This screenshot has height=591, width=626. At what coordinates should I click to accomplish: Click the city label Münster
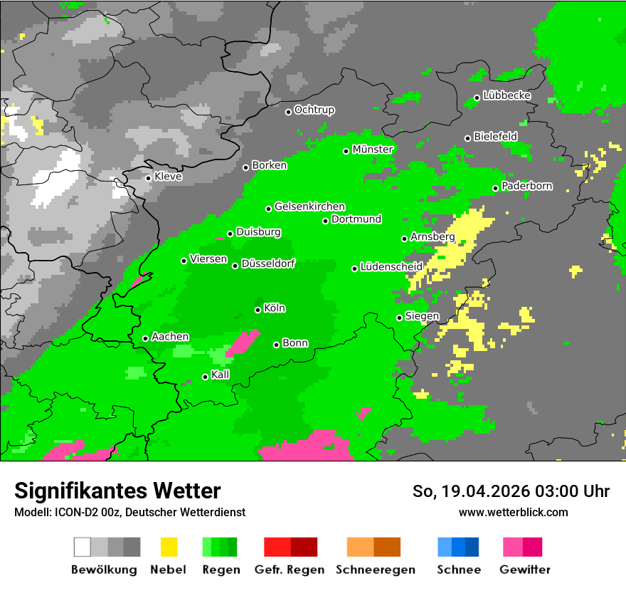[x=373, y=150]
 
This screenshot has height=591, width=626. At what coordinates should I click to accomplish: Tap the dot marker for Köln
[x=258, y=310]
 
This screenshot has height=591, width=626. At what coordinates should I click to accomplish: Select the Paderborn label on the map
[x=526, y=187]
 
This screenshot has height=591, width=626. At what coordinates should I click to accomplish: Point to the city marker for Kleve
[x=148, y=178]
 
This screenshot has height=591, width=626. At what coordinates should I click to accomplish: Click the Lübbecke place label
[x=506, y=95]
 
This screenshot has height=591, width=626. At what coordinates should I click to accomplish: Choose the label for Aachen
[x=170, y=337]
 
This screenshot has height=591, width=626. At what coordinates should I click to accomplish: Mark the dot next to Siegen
[x=399, y=318]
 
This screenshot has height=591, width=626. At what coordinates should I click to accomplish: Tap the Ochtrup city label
[x=314, y=110]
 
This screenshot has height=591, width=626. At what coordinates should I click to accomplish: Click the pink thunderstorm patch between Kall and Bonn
[x=243, y=342]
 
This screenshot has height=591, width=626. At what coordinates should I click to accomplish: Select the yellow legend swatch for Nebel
[x=169, y=547]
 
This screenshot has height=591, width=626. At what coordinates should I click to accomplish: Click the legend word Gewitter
[x=524, y=570]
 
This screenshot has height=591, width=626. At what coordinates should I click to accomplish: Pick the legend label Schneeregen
[x=376, y=570]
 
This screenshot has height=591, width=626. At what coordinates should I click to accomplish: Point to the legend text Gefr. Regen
[x=289, y=570]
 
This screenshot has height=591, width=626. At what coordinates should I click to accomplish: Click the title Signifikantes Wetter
[x=117, y=491]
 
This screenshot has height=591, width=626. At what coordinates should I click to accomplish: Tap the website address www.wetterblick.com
[x=513, y=512]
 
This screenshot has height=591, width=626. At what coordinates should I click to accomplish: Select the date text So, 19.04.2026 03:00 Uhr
[x=511, y=491]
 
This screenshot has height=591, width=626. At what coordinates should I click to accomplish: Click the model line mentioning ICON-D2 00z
[x=129, y=512]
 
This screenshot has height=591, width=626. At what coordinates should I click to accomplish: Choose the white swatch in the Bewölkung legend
[x=83, y=547]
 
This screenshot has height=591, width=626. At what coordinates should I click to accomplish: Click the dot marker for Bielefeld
[x=467, y=138]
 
